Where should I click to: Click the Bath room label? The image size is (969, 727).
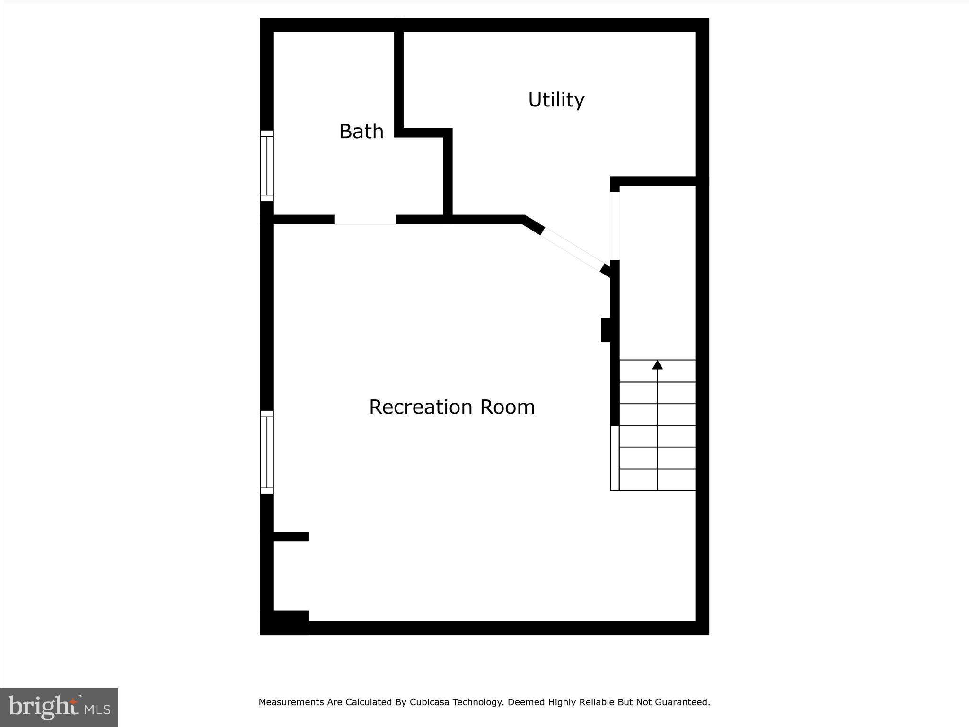point(361,132)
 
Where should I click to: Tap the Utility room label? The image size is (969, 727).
point(556,100)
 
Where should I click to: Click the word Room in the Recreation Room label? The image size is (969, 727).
point(507,407)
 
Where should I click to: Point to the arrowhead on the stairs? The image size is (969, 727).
point(657,365)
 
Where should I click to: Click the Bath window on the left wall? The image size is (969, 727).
point(267,166)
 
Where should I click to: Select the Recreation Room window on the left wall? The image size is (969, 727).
point(267,452)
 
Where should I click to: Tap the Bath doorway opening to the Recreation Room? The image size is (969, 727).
point(365,220)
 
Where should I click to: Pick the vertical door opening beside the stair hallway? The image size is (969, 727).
point(615,226)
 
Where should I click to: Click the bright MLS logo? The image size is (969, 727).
point(59,707)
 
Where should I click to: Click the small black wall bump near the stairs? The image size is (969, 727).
point(606,330)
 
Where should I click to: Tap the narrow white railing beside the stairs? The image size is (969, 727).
point(615,458)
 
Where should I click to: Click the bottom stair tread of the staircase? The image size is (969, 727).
point(657,479)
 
